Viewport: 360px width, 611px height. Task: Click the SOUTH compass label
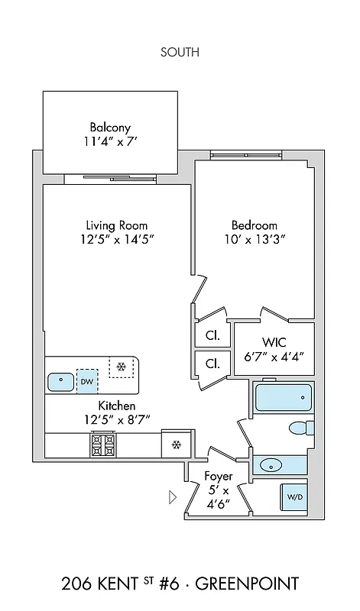tap(180, 52)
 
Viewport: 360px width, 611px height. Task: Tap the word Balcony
tap(110, 127)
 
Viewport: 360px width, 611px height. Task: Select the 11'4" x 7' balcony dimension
tap(110, 141)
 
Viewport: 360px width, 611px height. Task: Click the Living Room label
tap(116, 225)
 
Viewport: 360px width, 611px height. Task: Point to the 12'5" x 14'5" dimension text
tap(116, 240)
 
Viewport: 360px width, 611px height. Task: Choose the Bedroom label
tap(254, 225)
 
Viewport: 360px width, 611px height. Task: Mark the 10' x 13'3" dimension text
tap(254, 240)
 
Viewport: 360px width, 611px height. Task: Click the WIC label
tap(273, 341)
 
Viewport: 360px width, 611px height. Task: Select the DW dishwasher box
tap(87, 381)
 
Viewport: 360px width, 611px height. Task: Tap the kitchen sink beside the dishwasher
tap(59, 380)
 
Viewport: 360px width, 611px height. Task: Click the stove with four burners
tap(103, 444)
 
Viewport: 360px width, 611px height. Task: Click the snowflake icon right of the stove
tap(175, 445)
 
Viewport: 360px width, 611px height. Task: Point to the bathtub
tap(283, 397)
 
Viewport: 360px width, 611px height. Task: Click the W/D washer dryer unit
tap(294, 496)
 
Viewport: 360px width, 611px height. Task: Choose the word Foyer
tap(219, 477)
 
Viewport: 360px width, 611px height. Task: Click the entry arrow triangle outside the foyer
tap(172, 497)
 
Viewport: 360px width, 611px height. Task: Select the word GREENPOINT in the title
tap(247, 584)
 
